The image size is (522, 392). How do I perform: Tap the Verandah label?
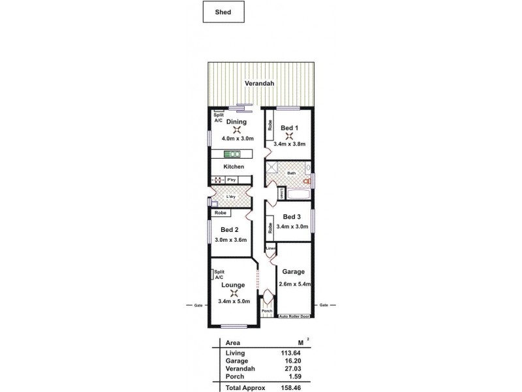click(258, 84)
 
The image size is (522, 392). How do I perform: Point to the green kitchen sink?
click(232, 154)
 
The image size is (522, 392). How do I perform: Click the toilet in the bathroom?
click(305, 176)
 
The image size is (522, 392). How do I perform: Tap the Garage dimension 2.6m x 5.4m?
click(294, 284)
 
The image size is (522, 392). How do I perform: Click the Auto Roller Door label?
click(293, 317)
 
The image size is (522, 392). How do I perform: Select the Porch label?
click(266, 311)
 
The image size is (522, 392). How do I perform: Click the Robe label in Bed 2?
click(220, 212)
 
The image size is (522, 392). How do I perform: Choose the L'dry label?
click(230, 197)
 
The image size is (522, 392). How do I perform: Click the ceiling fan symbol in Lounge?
click(233, 293)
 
